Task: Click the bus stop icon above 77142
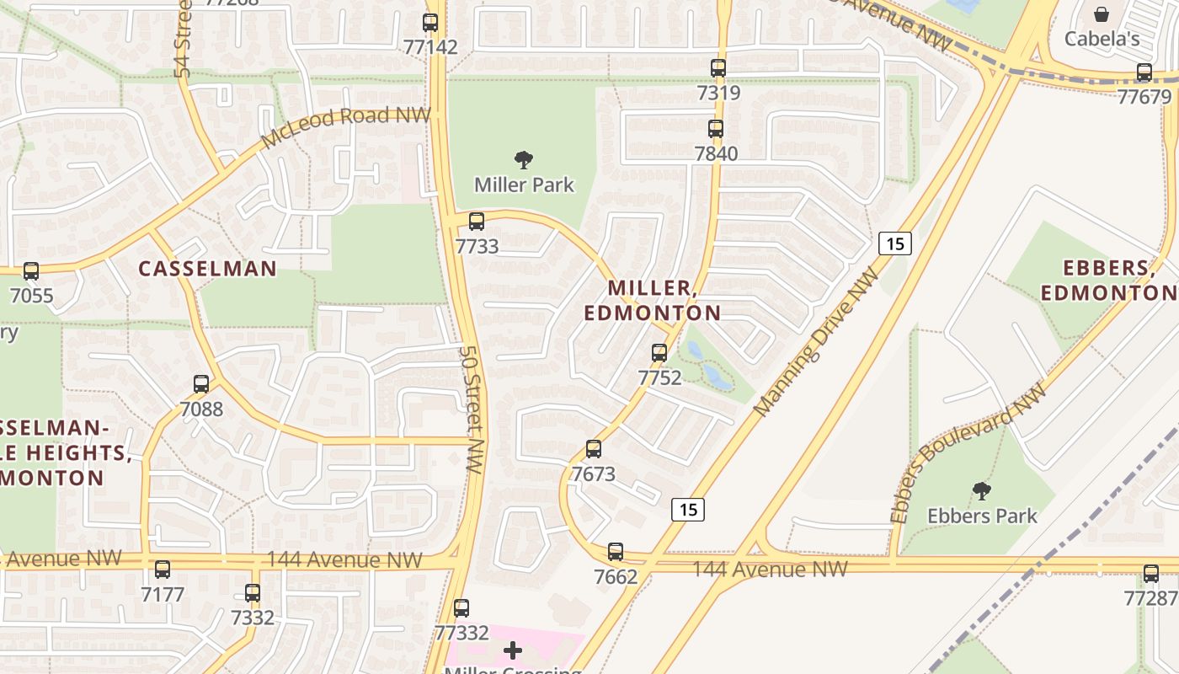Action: coord(430,23)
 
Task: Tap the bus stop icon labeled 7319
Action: coord(718,68)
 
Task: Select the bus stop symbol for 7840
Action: coord(716,129)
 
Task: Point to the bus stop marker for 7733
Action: coord(477,222)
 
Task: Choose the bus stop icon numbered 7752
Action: coord(659,353)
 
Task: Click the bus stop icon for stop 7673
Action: coord(594,449)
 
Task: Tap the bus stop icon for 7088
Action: coord(201,384)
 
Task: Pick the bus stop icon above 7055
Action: coord(31,271)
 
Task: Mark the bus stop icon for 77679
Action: coord(1144,72)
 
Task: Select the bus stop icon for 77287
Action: coord(1151,574)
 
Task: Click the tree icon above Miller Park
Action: coord(524,159)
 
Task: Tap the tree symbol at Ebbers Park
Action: coord(981,490)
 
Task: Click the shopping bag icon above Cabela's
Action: coord(1102,14)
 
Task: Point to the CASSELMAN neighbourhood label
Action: coord(207,269)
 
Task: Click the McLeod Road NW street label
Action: coord(345,127)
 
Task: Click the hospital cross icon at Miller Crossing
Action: coord(513,650)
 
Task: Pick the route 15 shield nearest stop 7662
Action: coord(688,509)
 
